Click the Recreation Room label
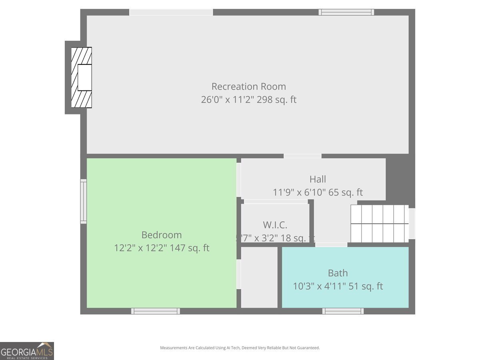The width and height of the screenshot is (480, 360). click(x=248, y=86)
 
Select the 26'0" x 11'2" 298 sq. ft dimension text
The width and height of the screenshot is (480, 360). click(x=248, y=100)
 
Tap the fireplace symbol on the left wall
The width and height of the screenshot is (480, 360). click(x=82, y=77)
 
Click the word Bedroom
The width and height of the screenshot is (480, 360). click(x=161, y=235)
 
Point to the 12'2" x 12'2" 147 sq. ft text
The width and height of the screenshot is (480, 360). click(x=161, y=248)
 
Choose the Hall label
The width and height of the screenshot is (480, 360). click(x=318, y=179)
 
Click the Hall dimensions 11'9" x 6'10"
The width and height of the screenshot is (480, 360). click(x=318, y=192)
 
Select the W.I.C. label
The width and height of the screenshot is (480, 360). click(x=275, y=225)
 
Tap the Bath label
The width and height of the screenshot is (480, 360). click(x=338, y=273)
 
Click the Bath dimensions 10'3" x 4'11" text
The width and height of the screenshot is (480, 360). click(x=338, y=286)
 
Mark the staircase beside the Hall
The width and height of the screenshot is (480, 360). click(x=380, y=224)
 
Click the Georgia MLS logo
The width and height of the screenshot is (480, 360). click(x=27, y=351)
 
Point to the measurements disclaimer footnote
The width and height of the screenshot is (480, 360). click(x=240, y=348)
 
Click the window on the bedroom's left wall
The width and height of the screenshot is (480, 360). click(x=84, y=201)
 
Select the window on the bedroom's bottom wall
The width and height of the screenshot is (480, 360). click(x=155, y=311)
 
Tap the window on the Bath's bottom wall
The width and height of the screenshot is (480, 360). click(x=343, y=311)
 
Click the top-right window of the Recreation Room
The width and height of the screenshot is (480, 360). click(x=346, y=12)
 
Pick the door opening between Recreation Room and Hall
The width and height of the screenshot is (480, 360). click(x=302, y=156)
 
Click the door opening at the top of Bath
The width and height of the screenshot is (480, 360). click(x=331, y=244)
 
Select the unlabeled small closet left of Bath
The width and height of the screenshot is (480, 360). click(x=259, y=277)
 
